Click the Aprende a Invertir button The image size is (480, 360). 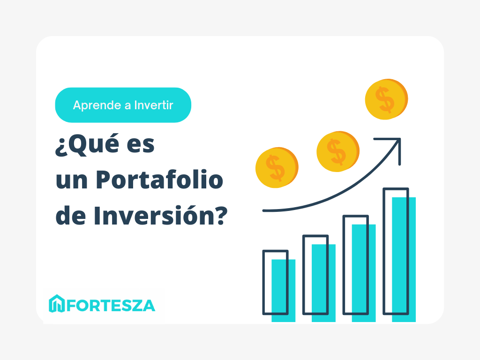(x=123, y=105)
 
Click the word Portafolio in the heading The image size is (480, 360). (x=159, y=181)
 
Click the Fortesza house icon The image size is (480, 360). (x=57, y=304)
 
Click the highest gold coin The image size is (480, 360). (x=386, y=99)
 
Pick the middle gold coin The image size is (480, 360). (x=337, y=151)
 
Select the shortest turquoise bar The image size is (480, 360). (x=284, y=291)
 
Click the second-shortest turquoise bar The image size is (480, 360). (x=324, y=283)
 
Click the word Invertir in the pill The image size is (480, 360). (x=154, y=105)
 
